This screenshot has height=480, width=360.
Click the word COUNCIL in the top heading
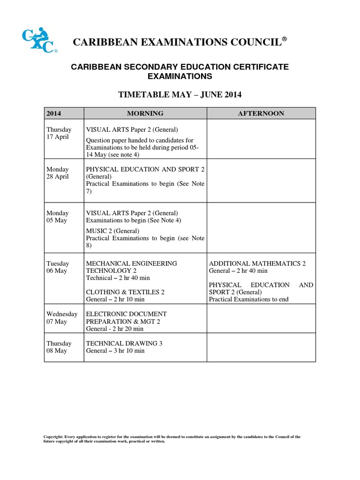pos(252,43)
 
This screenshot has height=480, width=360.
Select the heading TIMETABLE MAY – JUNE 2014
pos(180,95)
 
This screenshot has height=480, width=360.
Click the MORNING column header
pos(145,113)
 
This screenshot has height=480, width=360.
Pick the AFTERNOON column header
pos(261,113)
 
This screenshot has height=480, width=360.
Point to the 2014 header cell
pos(54,113)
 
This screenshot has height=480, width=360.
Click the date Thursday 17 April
pos(59,133)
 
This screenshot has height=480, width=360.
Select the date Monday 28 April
pos(58,173)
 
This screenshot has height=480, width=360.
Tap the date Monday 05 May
pos(57,217)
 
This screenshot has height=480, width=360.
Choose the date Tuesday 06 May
pos(57,267)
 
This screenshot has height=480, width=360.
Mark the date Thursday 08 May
pos(59,347)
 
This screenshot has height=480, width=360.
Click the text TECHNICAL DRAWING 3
pos(124,344)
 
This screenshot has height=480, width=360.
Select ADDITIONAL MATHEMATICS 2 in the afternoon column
pos(257,264)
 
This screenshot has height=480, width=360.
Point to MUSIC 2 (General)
pos(112,231)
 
